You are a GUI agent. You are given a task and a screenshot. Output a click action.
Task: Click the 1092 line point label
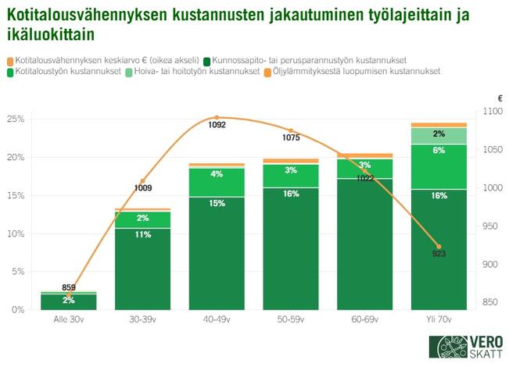(x=217, y=125)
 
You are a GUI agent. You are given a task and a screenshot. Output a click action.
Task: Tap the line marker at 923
(x=439, y=247)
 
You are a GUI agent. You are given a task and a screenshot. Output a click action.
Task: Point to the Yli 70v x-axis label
(x=439, y=320)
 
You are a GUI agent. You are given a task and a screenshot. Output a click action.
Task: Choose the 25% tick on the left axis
(x=16, y=119)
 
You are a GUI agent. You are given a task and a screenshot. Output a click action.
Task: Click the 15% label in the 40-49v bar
(x=217, y=203)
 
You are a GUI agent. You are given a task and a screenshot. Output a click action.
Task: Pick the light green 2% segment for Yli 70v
(x=439, y=135)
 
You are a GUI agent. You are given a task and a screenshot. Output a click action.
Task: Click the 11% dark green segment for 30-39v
(x=142, y=233)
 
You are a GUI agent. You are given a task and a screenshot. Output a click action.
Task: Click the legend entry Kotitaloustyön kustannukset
(x=66, y=71)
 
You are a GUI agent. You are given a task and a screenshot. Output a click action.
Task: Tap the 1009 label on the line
(x=143, y=188)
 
